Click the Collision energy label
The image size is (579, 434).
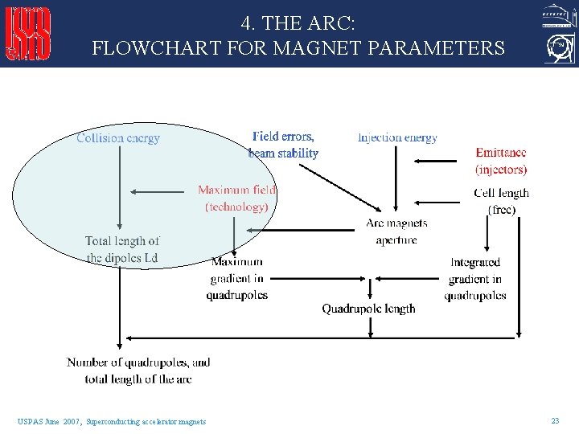[x=118, y=138]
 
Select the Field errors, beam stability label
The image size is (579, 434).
[x=283, y=145]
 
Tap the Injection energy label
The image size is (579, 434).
[x=397, y=137]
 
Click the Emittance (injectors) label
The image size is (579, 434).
[x=501, y=161]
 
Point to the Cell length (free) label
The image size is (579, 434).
[x=501, y=201]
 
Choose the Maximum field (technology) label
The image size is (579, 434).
[x=236, y=199]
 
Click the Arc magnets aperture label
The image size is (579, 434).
[x=396, y=231]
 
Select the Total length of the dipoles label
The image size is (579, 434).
[x=122, y=249]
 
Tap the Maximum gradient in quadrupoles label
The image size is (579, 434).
[x=236, y=278]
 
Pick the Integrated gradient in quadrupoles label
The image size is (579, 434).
[x=475, y=279]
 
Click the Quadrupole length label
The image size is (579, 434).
[x=368, y=309]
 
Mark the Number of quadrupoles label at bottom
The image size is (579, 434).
[x=138, y=371]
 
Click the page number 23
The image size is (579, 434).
[x=555, y=421]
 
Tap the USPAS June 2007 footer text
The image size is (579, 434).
[x=112, y=422]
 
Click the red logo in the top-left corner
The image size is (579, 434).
[x=29, y=34]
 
